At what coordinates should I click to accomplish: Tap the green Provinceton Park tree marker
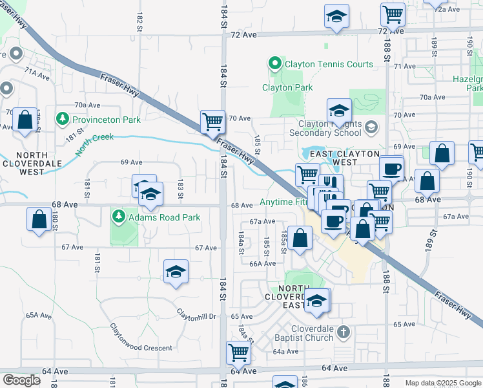tap(63, 119)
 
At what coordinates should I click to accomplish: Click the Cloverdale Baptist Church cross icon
tap(344, 332)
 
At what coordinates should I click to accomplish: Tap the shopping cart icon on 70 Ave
tap(212, 120)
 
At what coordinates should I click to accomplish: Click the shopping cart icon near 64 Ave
tap(238, 352)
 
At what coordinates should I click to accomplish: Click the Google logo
tap(21, 380)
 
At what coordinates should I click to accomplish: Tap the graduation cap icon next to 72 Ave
tap(336, 17)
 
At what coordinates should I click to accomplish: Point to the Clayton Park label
tap(287, 87)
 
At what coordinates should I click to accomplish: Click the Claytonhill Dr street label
tap(198, 314)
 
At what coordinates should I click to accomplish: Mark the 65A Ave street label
tap(38, 315)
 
